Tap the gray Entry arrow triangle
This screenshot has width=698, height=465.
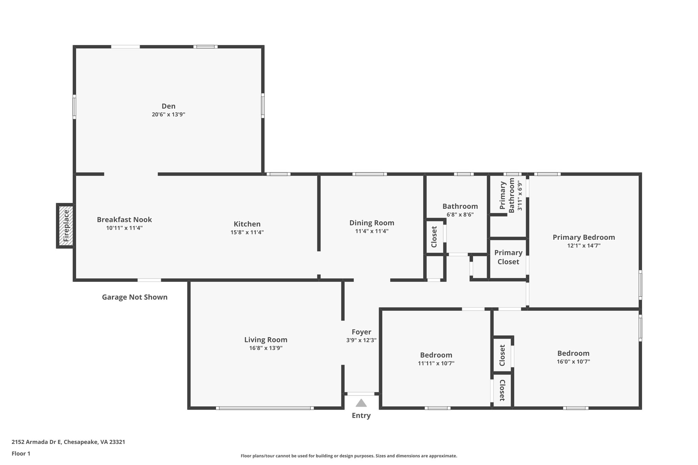point(361,403)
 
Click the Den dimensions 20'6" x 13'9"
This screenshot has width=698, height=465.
point(168,114)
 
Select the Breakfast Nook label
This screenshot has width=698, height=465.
point(124,220)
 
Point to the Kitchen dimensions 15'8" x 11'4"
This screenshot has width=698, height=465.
point(247,232)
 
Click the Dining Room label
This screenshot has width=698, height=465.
point(371,223)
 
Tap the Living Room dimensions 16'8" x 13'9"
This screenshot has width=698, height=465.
point(265,348)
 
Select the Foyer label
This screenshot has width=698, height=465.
point(361,332)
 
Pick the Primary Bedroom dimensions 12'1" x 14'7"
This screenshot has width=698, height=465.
point(583,246)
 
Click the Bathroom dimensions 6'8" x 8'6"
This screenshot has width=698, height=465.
point(460,215)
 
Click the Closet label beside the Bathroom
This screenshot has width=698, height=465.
point(434,237)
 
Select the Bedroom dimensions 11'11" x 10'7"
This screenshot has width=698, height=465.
point(436,363)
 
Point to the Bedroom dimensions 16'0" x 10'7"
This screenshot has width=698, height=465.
point(573,362)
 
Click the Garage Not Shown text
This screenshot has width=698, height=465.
point(135,297)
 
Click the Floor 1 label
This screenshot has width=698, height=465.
point(21,453)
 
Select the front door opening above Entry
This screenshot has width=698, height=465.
point(361,394)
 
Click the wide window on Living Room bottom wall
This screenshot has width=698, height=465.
point(265,408)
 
